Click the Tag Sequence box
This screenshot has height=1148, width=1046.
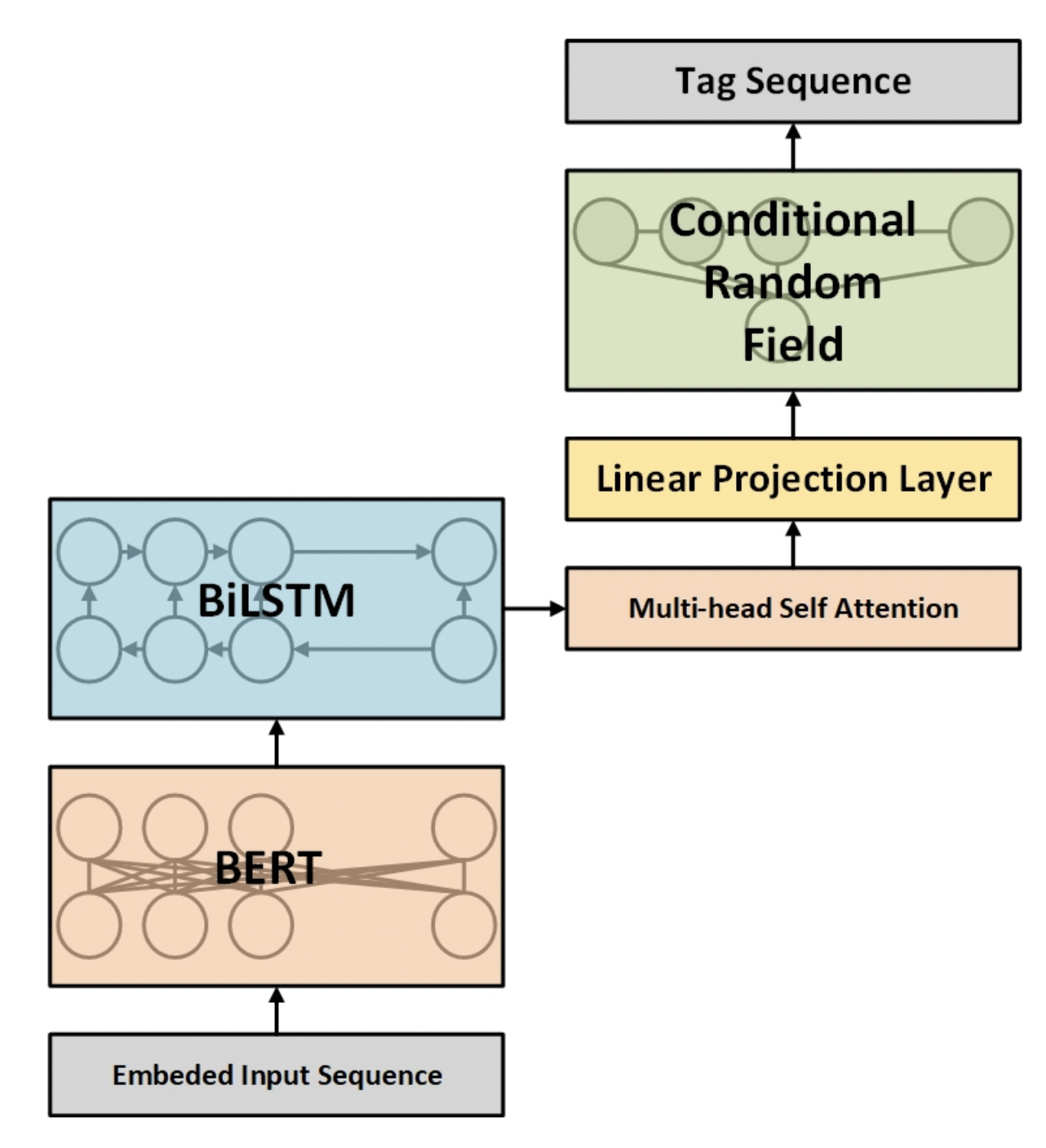tap(793, 82)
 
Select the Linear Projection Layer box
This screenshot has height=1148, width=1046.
tap(793, 479)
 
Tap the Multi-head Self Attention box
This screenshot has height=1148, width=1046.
tap(793, 608)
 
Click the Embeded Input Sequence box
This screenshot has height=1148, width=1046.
tap(277, 1075)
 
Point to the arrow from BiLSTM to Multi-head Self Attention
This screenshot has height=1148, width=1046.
tap(534, 608)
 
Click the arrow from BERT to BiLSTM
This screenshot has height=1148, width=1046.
tap(277, 743)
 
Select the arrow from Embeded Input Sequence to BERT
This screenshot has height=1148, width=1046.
tap(277, 1010)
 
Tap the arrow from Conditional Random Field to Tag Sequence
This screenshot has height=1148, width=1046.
tap(793, 147)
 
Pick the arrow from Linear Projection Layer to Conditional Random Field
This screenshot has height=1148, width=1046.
tap(793, 414)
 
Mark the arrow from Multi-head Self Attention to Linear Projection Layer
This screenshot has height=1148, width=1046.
tap(793, 544)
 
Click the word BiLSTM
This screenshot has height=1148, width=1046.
tap(276, 600)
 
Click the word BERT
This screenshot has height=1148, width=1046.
tap(268, 868)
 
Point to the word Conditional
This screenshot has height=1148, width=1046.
tap(792, 220)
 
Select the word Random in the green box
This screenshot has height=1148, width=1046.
tap(792, 283)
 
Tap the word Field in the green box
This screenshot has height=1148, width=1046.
tap(793, 345)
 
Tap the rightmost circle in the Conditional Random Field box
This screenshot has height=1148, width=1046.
tap(981, 232)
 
